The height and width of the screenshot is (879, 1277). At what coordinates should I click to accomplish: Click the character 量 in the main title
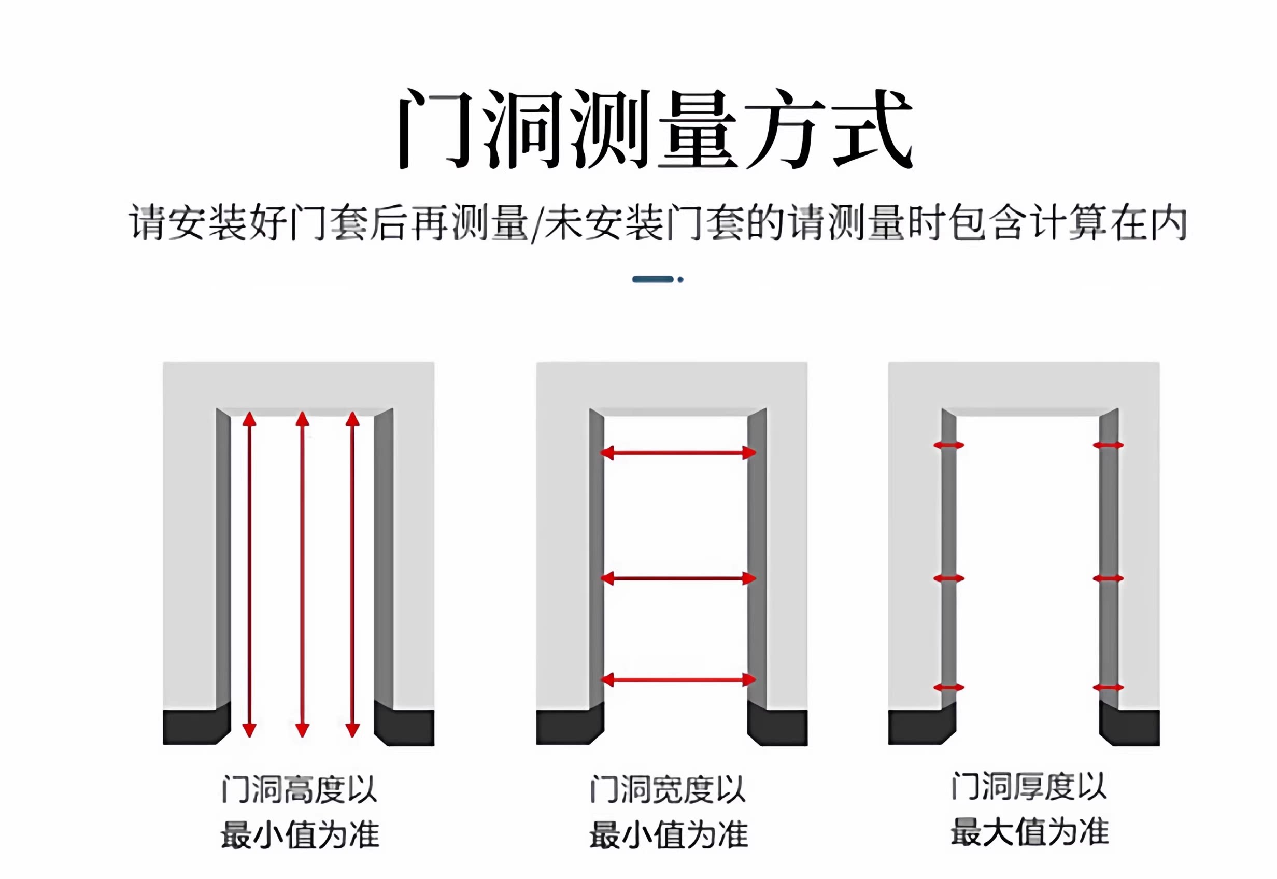coord(698,130)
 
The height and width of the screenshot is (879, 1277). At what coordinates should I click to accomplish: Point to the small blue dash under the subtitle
coord(652,279)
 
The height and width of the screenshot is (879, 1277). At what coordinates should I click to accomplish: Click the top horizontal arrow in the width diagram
coord(677,453)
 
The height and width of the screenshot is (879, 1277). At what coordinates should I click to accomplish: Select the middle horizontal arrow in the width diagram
coord(677,578)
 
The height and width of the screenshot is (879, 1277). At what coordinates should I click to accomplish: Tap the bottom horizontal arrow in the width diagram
coord(677,679)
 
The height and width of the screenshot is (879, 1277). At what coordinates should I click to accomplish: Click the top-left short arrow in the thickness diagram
coord(948,445)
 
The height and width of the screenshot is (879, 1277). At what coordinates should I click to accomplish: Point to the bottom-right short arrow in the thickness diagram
coord(1108,687)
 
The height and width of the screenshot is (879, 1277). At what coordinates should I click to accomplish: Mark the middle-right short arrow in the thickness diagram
coord(1108,578)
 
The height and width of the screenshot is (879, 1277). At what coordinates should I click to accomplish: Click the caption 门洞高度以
coord(299,789)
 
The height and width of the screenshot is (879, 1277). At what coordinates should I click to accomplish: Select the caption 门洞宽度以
coord(668,789)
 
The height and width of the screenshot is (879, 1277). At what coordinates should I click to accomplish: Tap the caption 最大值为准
coord(1029,832)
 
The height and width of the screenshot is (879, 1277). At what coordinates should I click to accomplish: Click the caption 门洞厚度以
coord(1029,786)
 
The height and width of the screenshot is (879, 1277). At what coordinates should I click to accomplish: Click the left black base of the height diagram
coord(195,726)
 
